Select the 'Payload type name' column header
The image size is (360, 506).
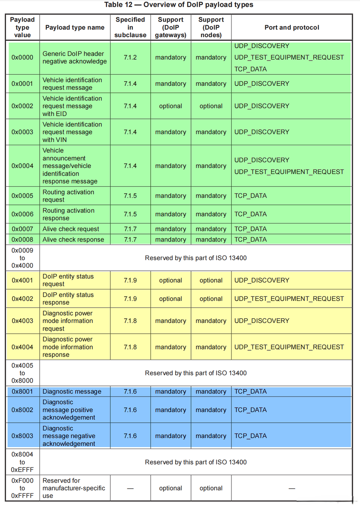coord(75,27)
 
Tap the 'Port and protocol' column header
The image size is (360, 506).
coord(292,27)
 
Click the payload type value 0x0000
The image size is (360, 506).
coord(22,57)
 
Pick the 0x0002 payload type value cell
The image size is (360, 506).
coord(22,106)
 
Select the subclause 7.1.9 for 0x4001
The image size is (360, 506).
coord(130,280)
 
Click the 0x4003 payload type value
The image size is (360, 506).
coord(22,321)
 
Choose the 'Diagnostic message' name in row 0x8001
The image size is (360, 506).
coord(72,391)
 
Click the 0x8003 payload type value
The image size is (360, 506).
coord(22,436)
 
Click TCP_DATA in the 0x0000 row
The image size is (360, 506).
coord(250,69)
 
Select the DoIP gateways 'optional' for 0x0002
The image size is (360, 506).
coord(171,106)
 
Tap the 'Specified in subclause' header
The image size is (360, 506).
coord(130,27)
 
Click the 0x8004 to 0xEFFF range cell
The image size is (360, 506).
coord(22,462)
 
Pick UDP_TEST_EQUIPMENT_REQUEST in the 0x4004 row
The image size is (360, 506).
coord(289,347)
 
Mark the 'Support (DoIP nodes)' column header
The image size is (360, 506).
coord(211,27)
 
